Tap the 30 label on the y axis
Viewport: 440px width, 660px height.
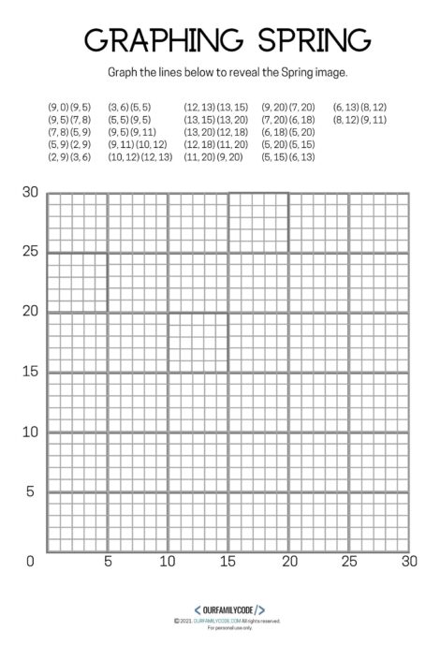click(x=31, y=193)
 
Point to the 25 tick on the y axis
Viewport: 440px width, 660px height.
click(x=31, y=252)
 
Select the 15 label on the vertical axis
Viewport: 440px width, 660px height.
click(x=31, y=372)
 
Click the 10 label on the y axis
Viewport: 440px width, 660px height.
click(x=31, y=432)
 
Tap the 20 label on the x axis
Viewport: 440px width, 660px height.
click(x=288, y=561)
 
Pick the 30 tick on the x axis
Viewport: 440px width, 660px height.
click(x=408, y=561)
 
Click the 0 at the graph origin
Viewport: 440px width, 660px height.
click(x=31, y=561)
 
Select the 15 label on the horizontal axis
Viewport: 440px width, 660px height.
click(x=228, y=561)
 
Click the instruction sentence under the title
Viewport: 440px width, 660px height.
click(x=220, y=70)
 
